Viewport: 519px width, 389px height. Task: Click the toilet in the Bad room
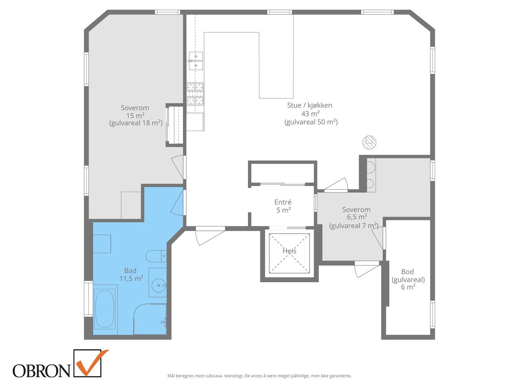point(156,256)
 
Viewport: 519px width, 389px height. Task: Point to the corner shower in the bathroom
point(150,319)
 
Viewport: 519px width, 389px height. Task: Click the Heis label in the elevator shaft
point(289,251)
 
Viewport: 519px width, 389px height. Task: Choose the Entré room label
point(283,202)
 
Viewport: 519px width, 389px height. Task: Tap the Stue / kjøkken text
point(309,105)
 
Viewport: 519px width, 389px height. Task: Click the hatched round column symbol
point(369,142)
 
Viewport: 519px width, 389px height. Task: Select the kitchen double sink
point(196,61)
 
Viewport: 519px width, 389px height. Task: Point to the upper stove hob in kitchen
point(195,87)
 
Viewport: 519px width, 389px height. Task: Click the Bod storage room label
point(407,272)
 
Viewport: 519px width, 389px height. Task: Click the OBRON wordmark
point(41,371)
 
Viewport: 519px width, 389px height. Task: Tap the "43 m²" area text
point(310,114)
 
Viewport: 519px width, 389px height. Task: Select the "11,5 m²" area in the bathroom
point(131,279)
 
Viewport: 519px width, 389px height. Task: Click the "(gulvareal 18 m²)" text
point(136,123)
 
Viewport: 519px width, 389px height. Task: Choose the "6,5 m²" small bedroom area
point(356,217)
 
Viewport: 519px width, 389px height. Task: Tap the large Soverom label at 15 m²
point(135,108)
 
